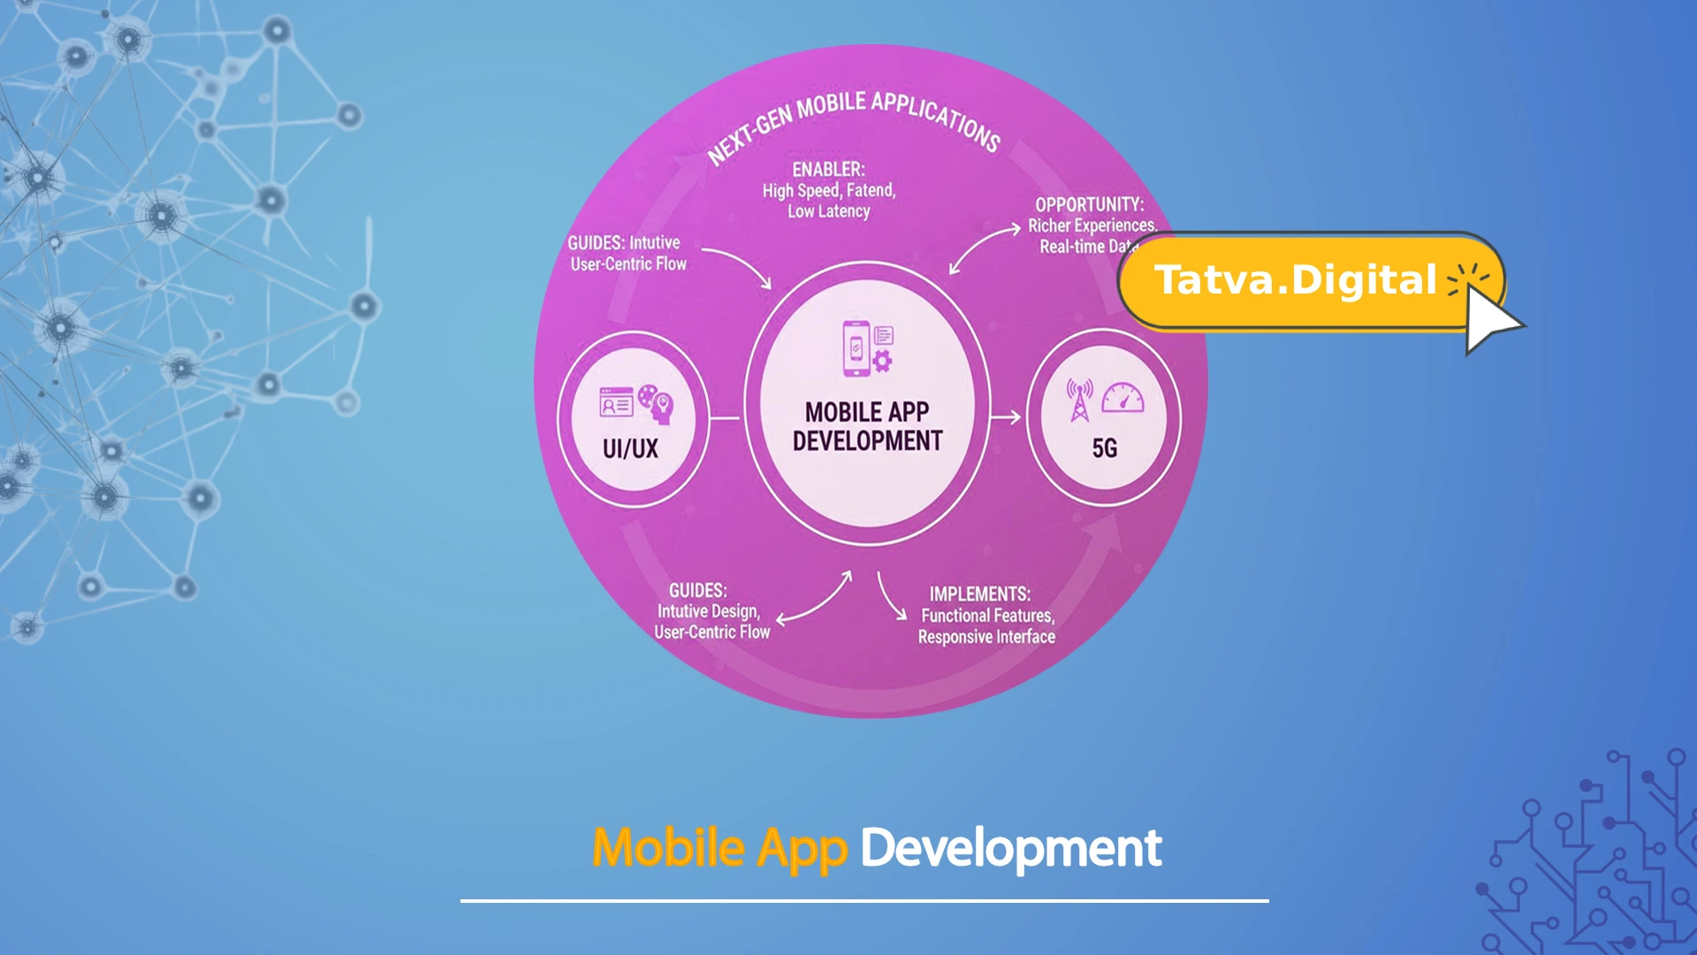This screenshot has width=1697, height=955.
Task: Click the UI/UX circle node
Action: (632, 419)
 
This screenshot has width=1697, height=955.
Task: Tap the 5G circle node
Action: (1103, 417)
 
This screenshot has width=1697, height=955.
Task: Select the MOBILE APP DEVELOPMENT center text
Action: (867, 426)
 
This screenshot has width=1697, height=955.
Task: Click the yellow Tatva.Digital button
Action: (1295, 281)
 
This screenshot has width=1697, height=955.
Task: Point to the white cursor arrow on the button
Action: (1489, 319)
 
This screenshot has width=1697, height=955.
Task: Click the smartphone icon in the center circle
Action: (856, 348)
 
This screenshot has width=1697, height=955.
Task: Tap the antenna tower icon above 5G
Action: (1079, 401)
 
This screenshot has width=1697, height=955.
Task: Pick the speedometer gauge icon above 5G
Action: (1122, 398)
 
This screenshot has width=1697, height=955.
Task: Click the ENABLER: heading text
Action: (828, 169)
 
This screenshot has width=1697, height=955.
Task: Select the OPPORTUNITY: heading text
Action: (1089, 204)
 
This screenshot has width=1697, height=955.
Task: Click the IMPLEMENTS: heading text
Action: (979, 594)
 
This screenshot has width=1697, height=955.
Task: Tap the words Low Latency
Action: (829, 211)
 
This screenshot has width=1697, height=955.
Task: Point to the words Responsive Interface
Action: (986, 637)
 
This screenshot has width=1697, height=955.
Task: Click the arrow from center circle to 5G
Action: (1006, 417)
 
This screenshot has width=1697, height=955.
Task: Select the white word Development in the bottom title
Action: (1010, 848)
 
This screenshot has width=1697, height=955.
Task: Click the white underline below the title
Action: (864, 900)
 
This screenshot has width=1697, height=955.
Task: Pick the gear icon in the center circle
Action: (882, 361)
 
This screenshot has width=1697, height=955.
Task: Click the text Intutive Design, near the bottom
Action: (708, 611)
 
